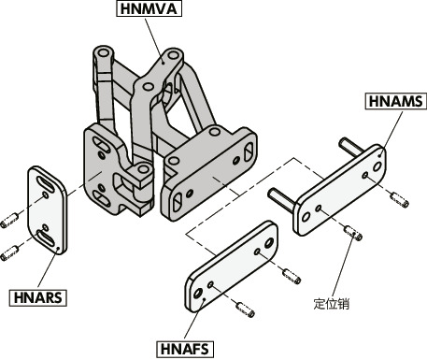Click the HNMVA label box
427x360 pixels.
coord(149,8)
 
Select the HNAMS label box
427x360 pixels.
coord(395,101)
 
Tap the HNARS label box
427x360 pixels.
coord(38,297)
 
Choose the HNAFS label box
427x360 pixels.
coord(185,349)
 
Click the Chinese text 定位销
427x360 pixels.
coord(332,303)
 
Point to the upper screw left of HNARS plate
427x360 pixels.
coord(9,220)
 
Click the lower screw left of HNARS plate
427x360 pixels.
coord(9,253)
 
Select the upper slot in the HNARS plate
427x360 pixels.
coord(46,183)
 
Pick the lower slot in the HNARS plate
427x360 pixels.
coord(47,238)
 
